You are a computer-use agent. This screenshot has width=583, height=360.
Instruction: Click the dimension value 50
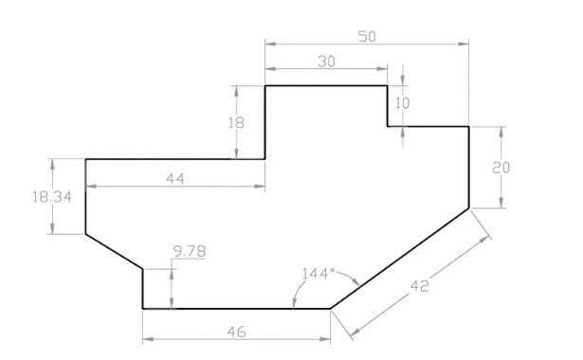click(x=366, y=36)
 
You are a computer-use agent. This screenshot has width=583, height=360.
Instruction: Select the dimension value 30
click(x=326, y=61)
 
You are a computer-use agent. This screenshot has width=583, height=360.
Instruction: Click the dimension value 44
click(x=174, y=179)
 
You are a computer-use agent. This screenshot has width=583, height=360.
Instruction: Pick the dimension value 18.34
click(x=49, y=197)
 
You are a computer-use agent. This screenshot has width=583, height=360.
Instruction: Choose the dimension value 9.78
click(x=190, y=251)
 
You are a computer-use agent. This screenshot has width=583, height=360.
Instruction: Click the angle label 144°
click(x=318, y=274)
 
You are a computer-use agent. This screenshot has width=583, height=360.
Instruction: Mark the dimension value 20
click(x=502, y=168)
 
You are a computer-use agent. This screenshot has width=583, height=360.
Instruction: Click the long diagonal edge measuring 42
click(x=399, y=258)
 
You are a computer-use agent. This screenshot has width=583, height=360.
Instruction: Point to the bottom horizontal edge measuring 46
click(x=236, y=308)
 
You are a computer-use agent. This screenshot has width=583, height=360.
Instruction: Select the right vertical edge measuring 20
click(x=469, y=167)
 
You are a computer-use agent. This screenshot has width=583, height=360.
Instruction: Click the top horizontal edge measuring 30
click(x=326, y=86)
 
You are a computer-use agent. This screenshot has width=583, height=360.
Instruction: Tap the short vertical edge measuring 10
click(x=388, y=105)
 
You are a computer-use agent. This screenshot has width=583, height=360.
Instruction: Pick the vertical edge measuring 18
click(x=264, y=123)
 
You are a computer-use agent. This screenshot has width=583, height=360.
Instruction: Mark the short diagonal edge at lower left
click(x=115, y=252)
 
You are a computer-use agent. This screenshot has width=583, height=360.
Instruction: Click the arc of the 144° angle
click(x=352, y=279)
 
